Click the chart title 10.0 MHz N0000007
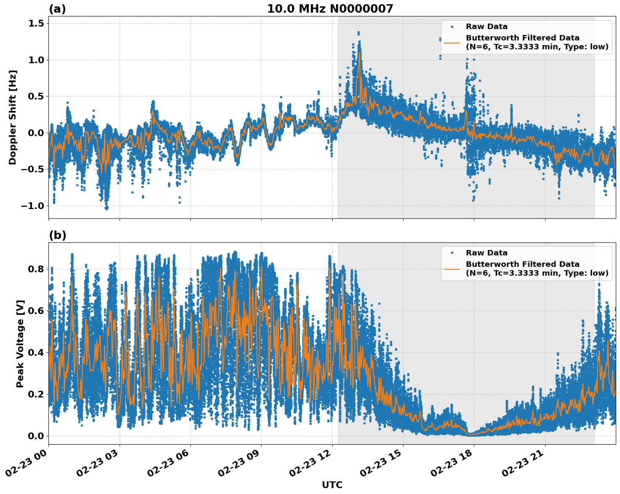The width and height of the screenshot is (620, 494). coord(330,9)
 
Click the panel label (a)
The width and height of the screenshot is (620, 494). coord(57,9)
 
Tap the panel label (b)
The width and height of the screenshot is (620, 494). coord(57,235)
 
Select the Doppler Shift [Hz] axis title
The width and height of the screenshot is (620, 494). coord(13,117)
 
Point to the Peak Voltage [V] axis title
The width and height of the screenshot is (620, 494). coord(20,344)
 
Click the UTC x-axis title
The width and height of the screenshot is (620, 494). coord(332,485)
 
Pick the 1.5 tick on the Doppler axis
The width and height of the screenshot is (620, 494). coord(36,24)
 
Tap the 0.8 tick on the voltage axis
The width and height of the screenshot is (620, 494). coord(36,269)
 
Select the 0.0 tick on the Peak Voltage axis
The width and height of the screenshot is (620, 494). coord(36,436)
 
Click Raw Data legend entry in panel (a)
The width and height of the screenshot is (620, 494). coord(486,27)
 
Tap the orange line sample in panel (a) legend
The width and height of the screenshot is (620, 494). coord(452,42)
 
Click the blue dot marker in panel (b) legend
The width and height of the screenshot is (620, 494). coord(452,253)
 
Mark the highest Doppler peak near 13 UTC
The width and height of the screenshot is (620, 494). coord(358,32)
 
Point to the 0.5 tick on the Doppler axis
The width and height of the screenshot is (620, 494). coord(36,97)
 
